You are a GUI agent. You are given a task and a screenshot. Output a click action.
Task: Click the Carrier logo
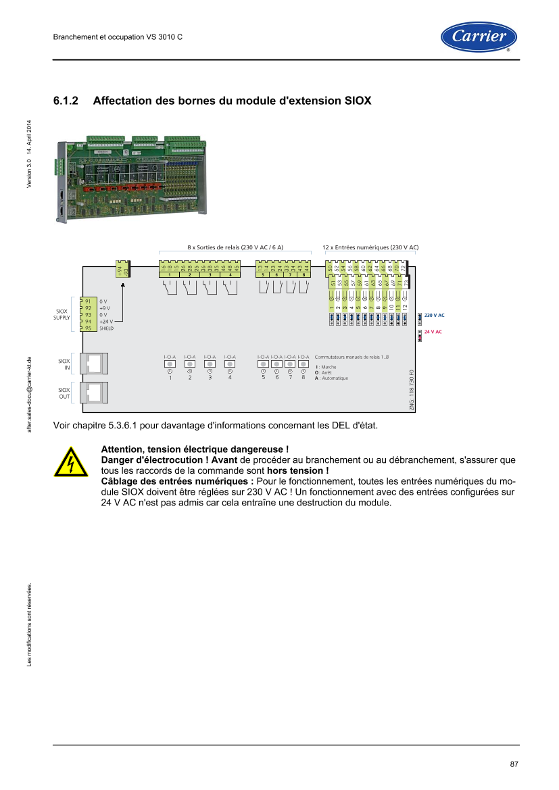click(x=479, y=36)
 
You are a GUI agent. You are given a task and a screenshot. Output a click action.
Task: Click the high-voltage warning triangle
click(x=71, y=462)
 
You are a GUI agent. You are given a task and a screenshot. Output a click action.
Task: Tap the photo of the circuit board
click(x=130, y=179)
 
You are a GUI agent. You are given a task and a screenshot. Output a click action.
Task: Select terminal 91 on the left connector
click(x=88, y=301)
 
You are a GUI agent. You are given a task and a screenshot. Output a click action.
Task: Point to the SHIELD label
click(x=107, y=328)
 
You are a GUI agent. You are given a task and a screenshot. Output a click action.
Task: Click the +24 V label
click(x=106, y=322)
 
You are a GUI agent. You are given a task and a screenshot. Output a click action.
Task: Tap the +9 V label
click(x=105, y=308)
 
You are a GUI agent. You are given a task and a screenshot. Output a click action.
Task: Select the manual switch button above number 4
click(x=230, y=364)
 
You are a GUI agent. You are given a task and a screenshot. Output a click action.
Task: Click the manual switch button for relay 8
click(x=303, y=364)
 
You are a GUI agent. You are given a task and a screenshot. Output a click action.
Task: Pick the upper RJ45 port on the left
click(x=95, y=364)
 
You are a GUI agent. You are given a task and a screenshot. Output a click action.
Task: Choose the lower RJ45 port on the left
click(x=95, y=393)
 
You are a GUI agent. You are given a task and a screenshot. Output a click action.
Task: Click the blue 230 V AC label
click(x=435, y=316)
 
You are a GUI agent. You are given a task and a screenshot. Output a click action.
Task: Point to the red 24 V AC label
click(x=433, y=332)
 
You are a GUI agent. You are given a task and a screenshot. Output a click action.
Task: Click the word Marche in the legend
click(x=329, y=367)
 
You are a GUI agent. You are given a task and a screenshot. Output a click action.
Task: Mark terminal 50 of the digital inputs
click(x=329, y=268)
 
